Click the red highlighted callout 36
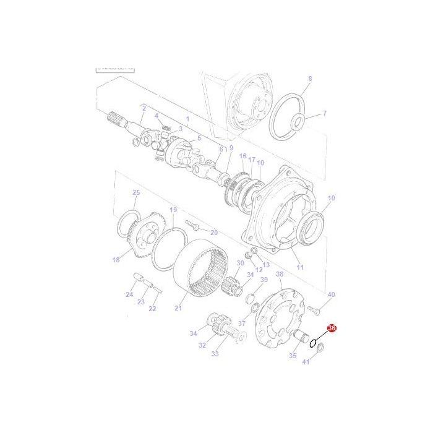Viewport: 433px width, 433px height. pos(331,329)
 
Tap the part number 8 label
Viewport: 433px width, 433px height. pos(310,79)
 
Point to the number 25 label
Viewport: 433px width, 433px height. pos(136,192)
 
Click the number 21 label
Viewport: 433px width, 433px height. pos(179,308)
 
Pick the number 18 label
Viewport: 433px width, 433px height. pos(116,260)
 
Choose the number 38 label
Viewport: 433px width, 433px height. pos(279,273)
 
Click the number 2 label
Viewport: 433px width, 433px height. pos(144,108)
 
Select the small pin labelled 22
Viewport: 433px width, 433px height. pos(158,288)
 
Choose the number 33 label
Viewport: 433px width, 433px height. pos(215,354)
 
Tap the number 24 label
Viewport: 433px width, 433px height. pos(129,294)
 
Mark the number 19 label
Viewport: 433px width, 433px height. pos(173,210)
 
